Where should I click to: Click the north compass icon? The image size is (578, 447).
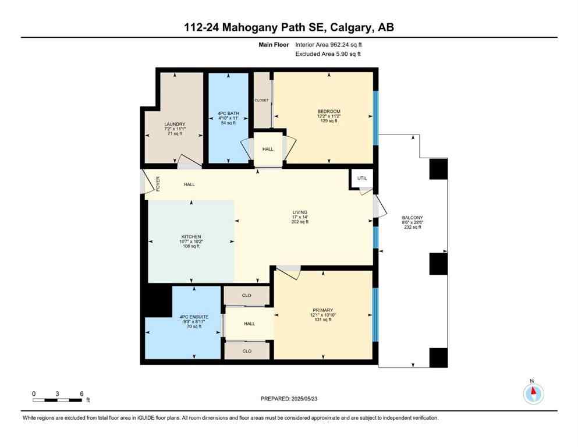point(533,394)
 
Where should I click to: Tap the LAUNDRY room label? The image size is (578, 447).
point(175,124)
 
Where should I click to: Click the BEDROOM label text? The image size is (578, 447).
point(329,111)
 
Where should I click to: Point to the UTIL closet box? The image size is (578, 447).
point(362,179)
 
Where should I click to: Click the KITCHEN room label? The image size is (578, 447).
point(190,237)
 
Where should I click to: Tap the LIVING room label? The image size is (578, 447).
point(300,212)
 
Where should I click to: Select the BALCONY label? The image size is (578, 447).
point(412,217)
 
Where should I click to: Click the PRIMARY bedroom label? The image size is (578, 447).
point(322,310)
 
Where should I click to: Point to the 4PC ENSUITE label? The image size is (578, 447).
point(194,317)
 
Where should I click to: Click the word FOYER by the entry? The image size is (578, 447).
point(158,184)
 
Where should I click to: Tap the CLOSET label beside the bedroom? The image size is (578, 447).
point(261,100)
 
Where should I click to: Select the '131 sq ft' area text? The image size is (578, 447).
point(322,321)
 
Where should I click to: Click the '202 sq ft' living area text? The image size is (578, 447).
point(300,222)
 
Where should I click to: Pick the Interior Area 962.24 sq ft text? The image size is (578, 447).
point(332,44)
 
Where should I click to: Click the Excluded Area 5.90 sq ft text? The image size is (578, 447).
point(328,54)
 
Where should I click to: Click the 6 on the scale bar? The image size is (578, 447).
point(81,393)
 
